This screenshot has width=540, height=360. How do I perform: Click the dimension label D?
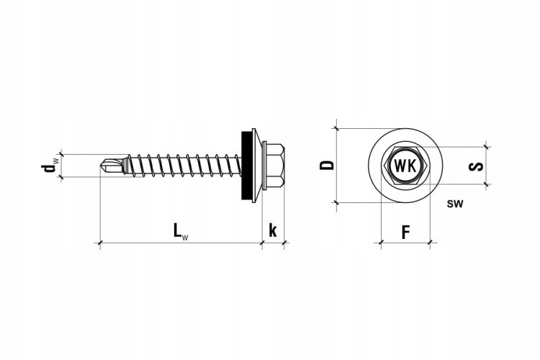coord(327,165)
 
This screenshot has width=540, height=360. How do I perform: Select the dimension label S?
coord(474,166)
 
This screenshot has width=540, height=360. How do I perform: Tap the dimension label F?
coord(405,232)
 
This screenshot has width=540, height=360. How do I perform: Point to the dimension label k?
coord(273,231)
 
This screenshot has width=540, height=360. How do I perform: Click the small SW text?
coord(454,204)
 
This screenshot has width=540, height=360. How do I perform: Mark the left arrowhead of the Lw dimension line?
coord(99,243)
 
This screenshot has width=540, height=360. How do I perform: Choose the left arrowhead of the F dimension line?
coord(380,243)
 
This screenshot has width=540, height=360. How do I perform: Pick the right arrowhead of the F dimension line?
coord(431,243)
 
